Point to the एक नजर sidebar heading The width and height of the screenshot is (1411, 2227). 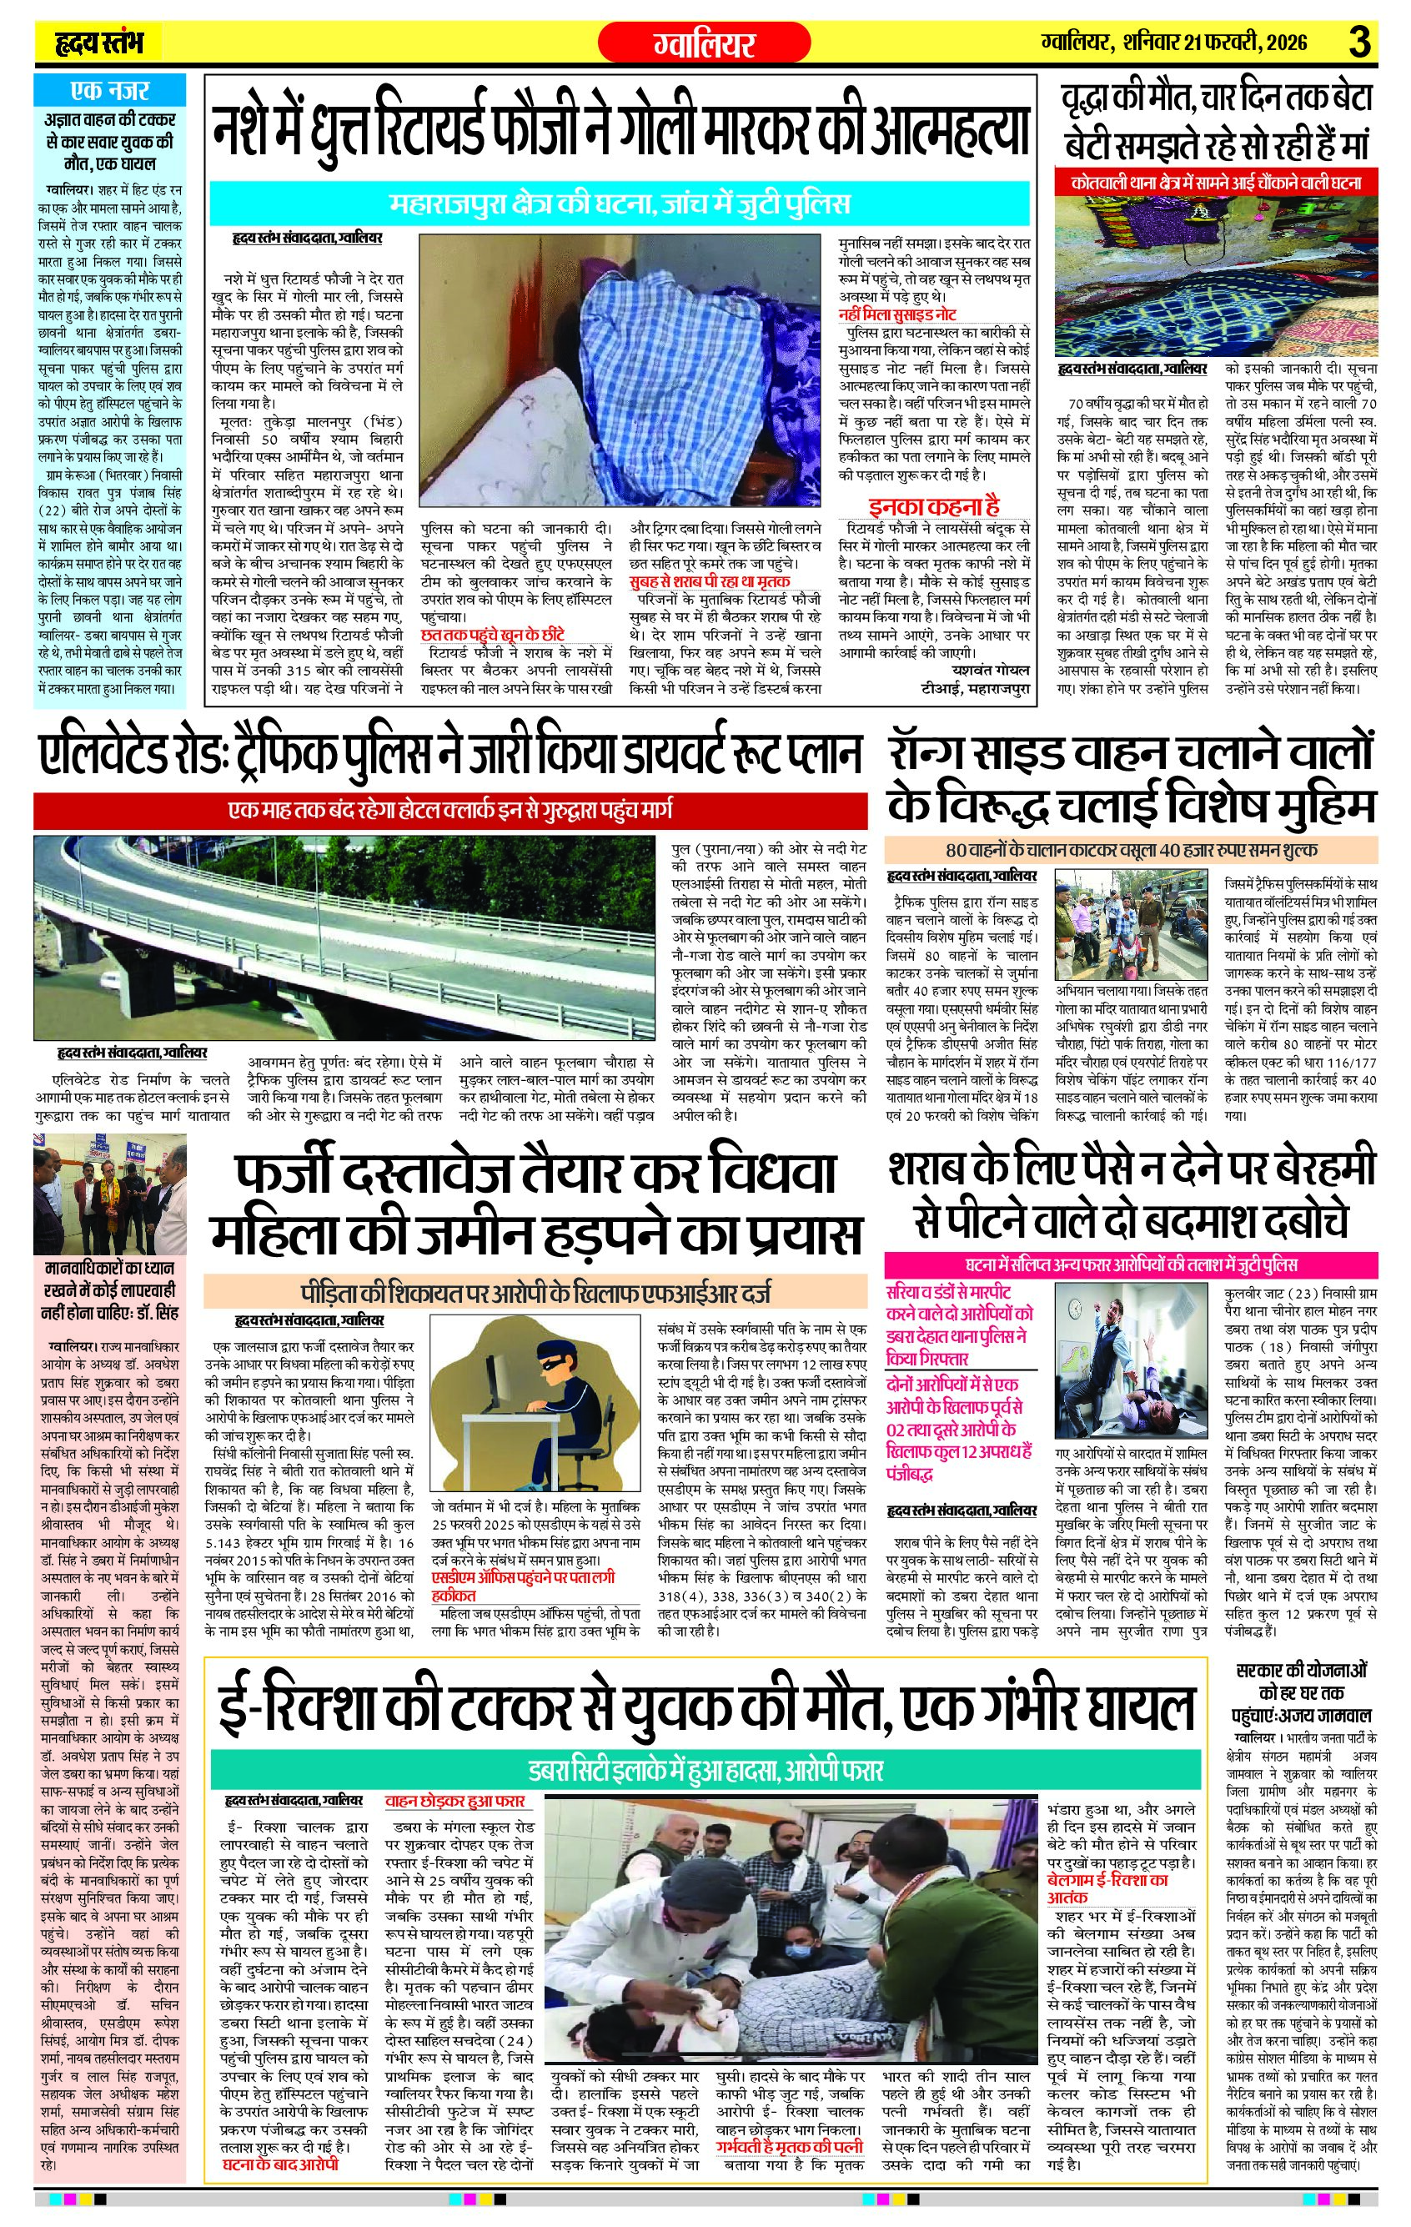pos(109,91)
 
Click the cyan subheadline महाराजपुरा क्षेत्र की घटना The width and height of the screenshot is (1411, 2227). pos(619,203)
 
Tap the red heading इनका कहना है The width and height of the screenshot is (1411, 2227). pos(934,506)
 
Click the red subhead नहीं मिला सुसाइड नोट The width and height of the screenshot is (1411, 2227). pos(898,314)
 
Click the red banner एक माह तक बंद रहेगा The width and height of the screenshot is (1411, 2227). pos(450,810)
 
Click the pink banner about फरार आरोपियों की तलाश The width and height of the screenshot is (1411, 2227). pos(1131,1264)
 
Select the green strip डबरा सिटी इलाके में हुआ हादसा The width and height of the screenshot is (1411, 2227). pos(705,1770)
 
